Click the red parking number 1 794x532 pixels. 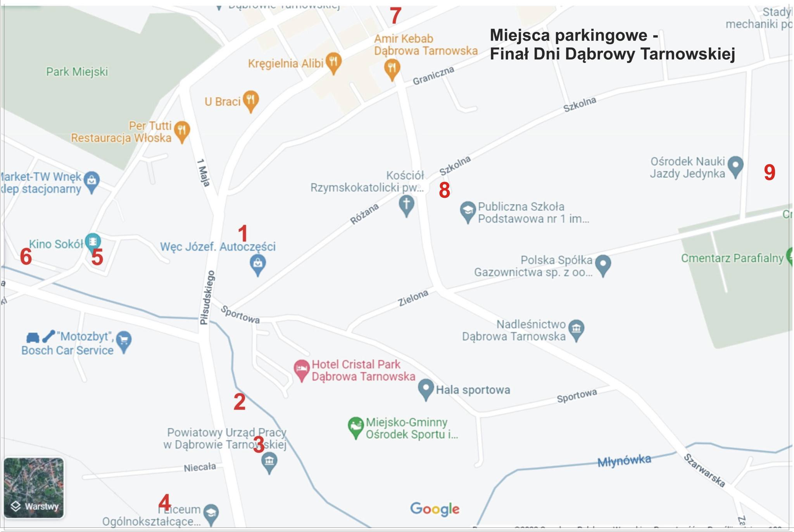tap(243, 234)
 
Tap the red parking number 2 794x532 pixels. tap(240, 402)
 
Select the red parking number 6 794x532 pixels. tap(26, 257)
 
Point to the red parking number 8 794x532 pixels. tap(444, 190)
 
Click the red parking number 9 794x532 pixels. tap(770, 172)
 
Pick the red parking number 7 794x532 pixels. tap(395, 16)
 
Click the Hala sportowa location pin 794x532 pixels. tap(426, 388)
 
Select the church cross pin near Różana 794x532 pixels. tap(406, 204)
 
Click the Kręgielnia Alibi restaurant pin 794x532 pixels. tap(333, 62)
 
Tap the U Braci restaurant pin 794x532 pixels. tap(251, 100)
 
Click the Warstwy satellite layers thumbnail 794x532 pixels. tap(34, 488)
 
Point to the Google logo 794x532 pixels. tap(435, 509)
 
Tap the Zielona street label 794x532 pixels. tap(413, 298)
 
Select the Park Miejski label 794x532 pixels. tap(77, 72)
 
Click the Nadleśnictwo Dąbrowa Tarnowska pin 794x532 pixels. tap(576, 329)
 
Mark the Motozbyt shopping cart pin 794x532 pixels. tap(124, 341)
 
